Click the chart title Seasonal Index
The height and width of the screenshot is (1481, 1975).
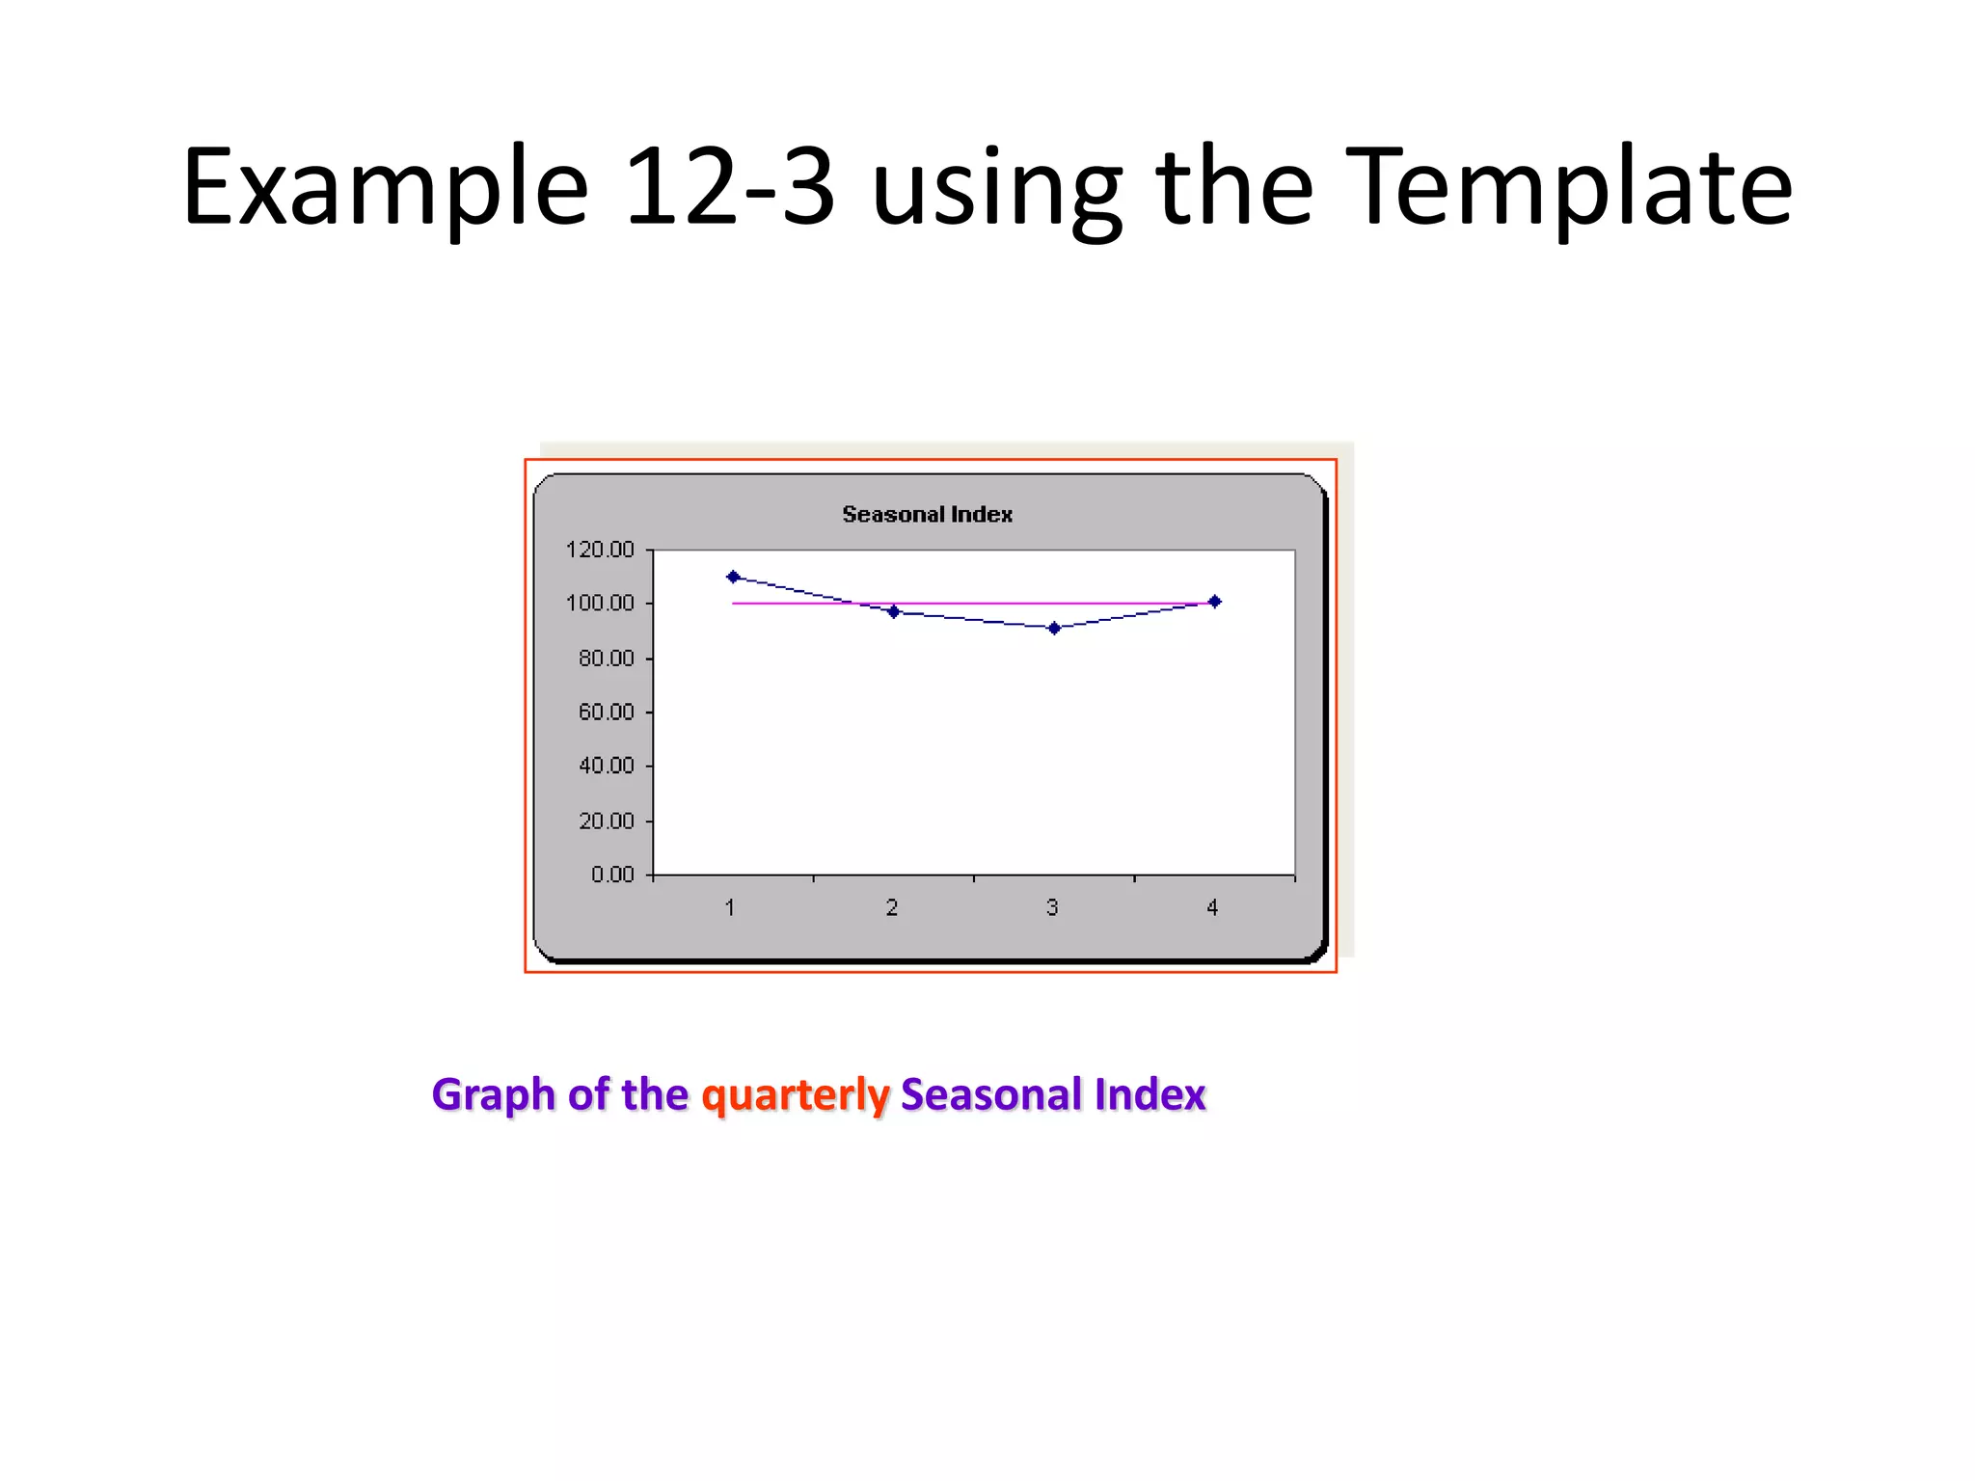coord(927,514)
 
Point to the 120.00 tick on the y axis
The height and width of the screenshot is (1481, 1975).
coord(600,550)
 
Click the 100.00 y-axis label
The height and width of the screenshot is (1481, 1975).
coord(600,604)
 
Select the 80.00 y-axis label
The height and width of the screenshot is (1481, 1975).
coord(606,659)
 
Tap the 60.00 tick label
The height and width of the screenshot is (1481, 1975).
coord(606,713)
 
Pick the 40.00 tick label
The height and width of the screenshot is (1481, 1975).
coord(606,767)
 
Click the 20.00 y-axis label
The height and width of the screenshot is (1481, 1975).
coord(606,821)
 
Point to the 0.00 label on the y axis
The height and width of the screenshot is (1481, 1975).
coord(612,875)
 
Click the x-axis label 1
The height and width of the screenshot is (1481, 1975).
coord(730,907)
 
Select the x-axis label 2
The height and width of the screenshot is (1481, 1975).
coord(892,907)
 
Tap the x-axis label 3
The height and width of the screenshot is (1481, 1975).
coord(1052,907)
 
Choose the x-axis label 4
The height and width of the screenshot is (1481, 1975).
coord(1212,907)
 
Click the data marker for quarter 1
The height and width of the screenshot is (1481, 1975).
coord(733,577)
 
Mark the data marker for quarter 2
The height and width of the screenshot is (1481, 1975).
coord(894,612)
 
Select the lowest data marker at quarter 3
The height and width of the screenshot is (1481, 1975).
coord(1054,629)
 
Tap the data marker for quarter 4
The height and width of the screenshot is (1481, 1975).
coord(1215,602)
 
